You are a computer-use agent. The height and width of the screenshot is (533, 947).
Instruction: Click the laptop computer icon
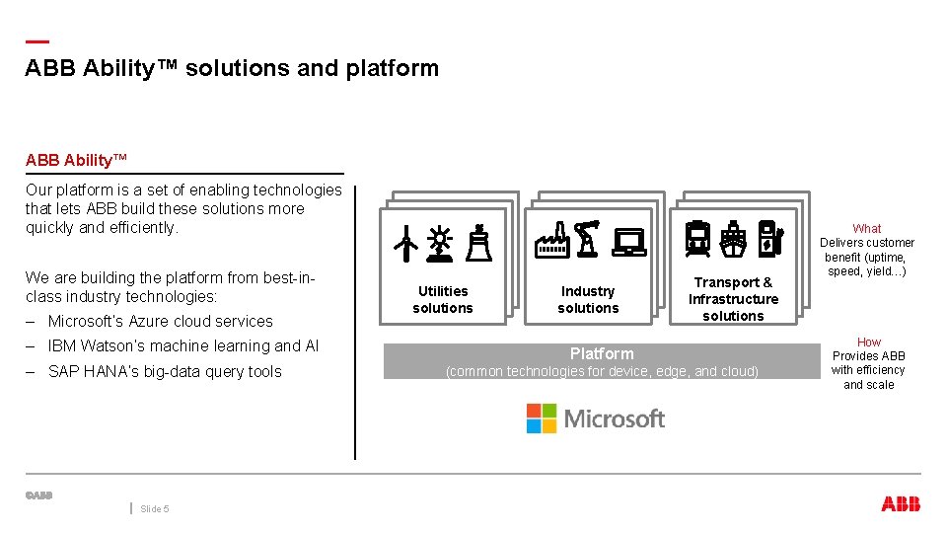[x=628, y=242]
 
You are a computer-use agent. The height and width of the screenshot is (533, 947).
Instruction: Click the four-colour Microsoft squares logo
[x=541, y=419]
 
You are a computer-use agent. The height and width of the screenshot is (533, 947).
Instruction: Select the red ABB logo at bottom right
[x=900, y=504]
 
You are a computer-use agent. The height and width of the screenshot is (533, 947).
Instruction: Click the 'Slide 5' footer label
[x=155, y=509]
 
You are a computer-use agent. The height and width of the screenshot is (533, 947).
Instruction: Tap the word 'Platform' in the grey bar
[x=602, y=353]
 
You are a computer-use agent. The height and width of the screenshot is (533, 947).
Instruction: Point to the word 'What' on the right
[x=867, y=228]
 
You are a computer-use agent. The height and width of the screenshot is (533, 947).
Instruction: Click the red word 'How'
[x=868, y=342]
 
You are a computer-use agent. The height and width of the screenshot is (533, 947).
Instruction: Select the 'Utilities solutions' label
[x=443, y=299]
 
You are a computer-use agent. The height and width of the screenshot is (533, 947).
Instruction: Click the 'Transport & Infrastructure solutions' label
[x=733, y=299]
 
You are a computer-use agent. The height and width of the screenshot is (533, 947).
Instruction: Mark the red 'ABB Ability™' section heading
[x=77, y=160]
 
